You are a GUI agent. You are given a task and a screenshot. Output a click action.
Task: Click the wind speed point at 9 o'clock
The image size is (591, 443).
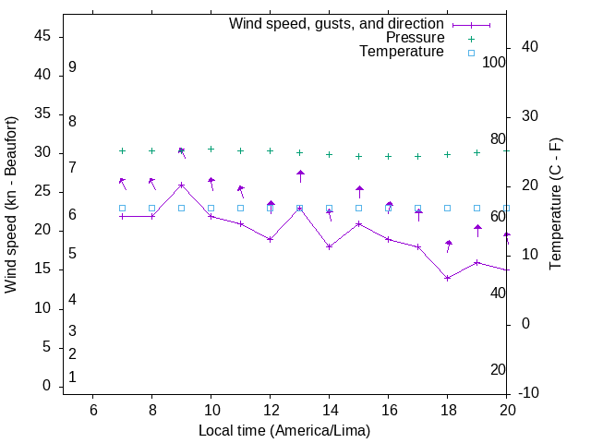click(182, 185)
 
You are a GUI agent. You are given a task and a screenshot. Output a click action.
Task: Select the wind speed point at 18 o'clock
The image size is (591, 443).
click(448, 278)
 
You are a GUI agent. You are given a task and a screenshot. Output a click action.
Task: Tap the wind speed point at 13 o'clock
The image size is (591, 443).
click(300, 208)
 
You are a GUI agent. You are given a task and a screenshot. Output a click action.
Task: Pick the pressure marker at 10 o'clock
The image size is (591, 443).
click(211, 149)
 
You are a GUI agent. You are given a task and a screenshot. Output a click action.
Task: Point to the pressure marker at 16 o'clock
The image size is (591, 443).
click(389, 156)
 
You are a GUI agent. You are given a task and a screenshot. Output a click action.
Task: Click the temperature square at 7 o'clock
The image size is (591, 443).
click(123, 208)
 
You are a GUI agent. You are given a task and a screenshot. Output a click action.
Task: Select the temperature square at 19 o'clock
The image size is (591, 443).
click(477, 208)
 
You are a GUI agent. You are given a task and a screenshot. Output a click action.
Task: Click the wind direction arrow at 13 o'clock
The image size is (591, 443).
click(300, 176)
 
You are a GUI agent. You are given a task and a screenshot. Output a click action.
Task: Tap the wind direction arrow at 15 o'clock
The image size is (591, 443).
click(359, 192)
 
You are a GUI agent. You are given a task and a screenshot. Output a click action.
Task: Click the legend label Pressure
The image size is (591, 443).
click(415, 38)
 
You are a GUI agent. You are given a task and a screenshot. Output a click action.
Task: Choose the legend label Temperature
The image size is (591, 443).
click(402, 52)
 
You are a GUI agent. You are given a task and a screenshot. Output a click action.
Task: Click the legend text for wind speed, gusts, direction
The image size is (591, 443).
click(337, 24)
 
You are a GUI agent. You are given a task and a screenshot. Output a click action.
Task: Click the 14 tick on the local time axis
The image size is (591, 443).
click(330, 410)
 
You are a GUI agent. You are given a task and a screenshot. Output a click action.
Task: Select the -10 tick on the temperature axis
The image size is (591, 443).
click(532, 393)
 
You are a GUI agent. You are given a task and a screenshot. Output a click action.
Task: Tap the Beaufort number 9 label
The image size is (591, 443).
click(72, 67)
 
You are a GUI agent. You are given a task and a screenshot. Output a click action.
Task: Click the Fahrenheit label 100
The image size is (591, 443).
click(495, 62)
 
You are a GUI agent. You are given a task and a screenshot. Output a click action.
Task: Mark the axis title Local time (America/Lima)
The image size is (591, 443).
click(284, 430)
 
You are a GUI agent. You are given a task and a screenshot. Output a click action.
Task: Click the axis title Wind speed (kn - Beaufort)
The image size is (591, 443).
click(11, 204)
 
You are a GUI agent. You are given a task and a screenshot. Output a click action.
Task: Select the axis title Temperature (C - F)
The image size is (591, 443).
click(555, 204)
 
